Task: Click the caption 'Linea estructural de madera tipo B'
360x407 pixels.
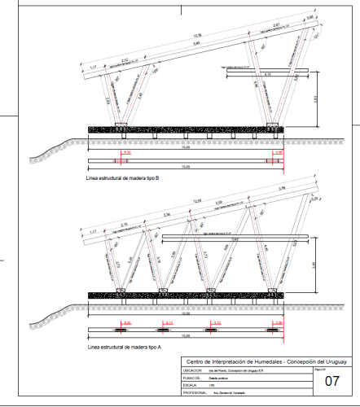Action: click(x=125, y=176)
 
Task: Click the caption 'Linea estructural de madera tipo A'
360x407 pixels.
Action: click(x=125, y=345)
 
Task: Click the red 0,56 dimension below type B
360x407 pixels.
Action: click(x=279, y=151)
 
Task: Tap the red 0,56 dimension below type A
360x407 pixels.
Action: click(x=279, y=323)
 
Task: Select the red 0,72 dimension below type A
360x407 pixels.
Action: click(x=215, y=323)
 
